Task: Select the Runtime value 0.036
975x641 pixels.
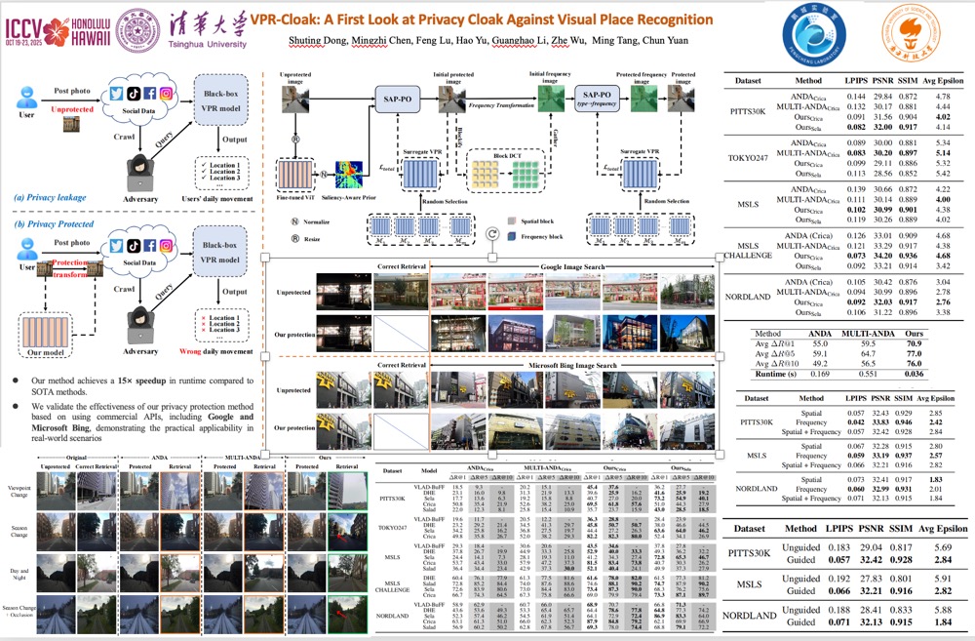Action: click(x=914, y=372)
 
